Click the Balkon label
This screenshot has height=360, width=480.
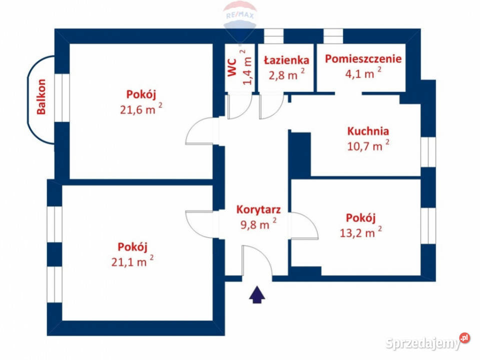click(42, 96)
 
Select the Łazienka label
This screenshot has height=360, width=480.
click(286, 60)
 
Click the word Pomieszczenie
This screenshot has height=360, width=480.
click(363, 58)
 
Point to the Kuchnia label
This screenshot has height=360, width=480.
click(368, 131)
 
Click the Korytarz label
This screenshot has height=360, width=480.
click(258, 210)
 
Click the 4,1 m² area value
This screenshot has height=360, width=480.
click(360, 73)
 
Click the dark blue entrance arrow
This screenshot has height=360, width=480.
click(257, 295)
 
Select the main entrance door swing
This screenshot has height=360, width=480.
click(257, 261)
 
